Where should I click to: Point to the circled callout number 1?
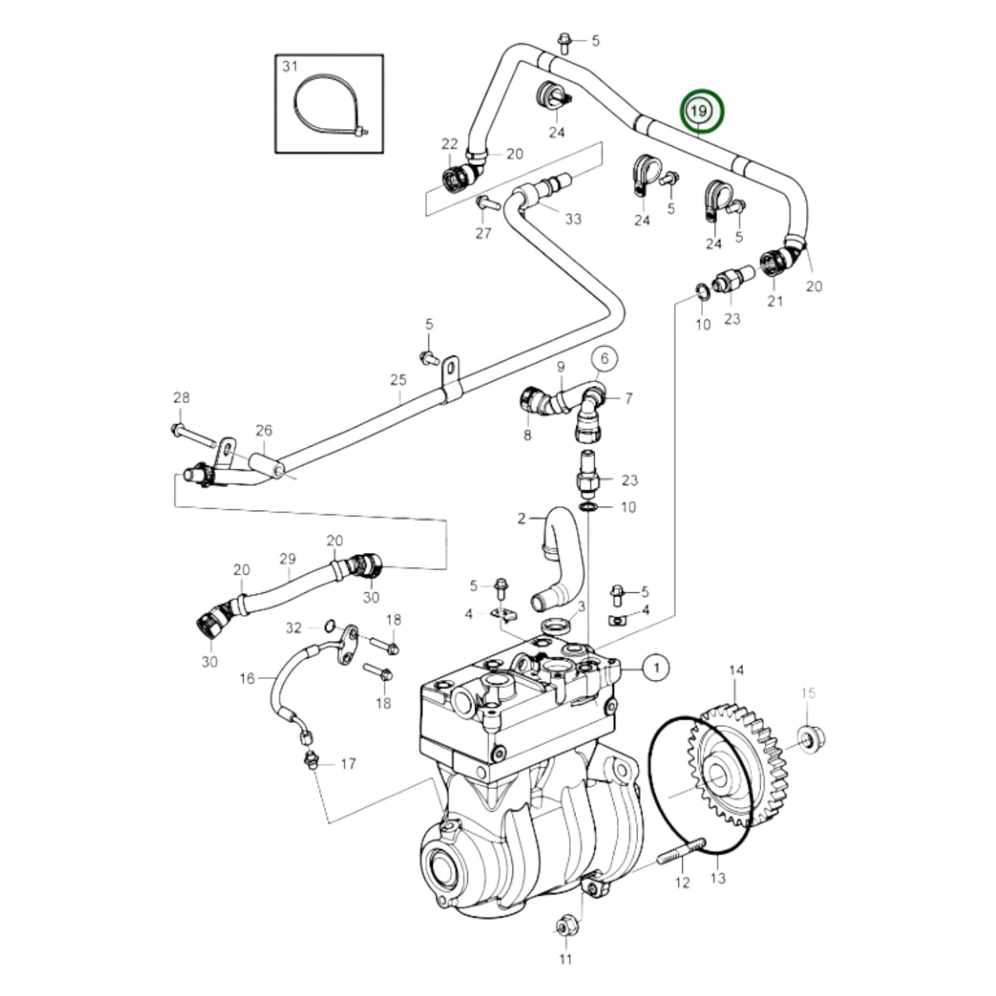656,667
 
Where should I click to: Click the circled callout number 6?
604,358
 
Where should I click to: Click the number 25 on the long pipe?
398,380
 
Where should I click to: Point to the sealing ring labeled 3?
556,627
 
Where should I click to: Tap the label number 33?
573,219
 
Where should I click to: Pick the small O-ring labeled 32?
330,626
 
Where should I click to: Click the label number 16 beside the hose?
247,678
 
